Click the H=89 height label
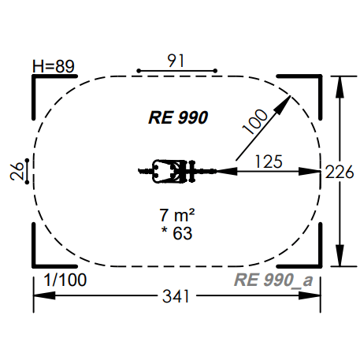(54, 66)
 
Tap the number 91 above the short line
(176, 61)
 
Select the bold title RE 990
(178, 117)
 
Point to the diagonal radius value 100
(255, 121)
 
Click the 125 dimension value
(269, 161)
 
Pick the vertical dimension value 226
(340, 173)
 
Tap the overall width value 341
(176, 296)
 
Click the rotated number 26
(17, 171)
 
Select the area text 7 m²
(177, 215)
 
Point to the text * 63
(176, 233)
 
